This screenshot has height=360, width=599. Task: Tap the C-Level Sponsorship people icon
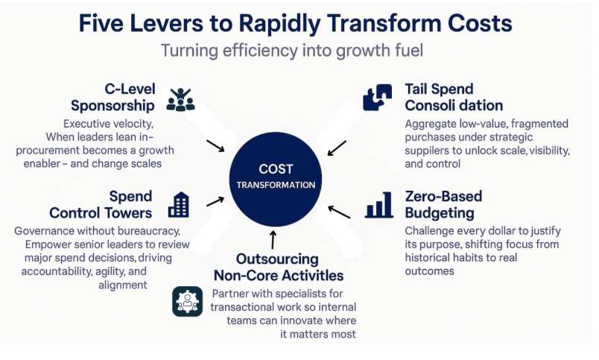180,99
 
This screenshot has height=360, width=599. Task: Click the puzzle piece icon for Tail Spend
378,98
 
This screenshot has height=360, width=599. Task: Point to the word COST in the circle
276,169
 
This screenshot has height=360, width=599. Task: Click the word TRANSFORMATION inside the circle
276,185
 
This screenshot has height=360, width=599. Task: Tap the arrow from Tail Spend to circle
336,148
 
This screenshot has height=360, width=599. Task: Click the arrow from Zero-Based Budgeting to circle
339,212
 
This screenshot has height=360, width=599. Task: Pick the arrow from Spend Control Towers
215,200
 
